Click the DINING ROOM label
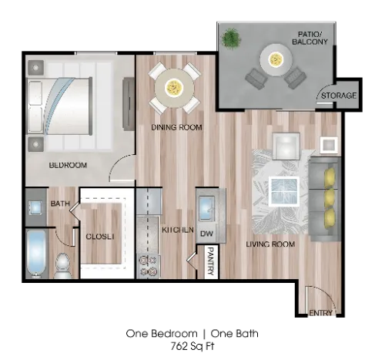pos(177,127)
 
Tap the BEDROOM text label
pos(68,165)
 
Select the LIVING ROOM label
pos(270,244)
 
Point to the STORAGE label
pos(338,96)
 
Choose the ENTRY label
pos(320,313)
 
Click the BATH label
pos(60,204)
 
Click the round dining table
pos(173,86)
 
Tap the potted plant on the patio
pos(232,36)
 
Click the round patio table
pos(275,56)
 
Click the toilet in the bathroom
pos(63,264)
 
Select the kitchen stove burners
pos(147,265)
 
